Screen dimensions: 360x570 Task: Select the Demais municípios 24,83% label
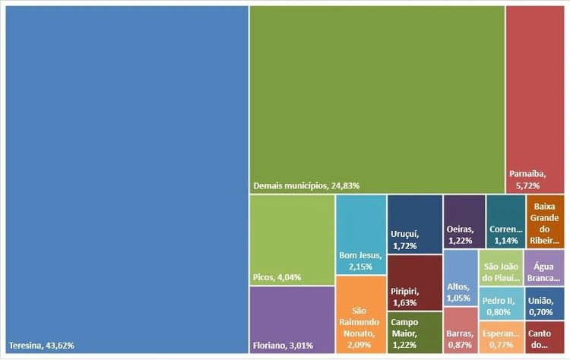(306, 185)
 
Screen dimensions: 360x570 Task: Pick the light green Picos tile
(292, 240)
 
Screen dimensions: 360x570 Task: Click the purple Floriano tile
(292, 320)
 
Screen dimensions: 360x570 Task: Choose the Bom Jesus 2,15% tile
(360, 235)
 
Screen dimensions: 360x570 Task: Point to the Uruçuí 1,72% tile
(415, 224)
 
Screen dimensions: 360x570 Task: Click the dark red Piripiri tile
(415, 282)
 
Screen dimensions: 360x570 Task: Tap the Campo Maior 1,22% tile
(415, 333)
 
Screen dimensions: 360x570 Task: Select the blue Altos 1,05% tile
(459, 277)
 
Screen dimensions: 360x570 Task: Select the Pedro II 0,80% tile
(500, 303)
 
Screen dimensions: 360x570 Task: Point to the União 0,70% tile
(544, 303)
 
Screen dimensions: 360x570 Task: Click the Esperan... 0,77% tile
(500, 339)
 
